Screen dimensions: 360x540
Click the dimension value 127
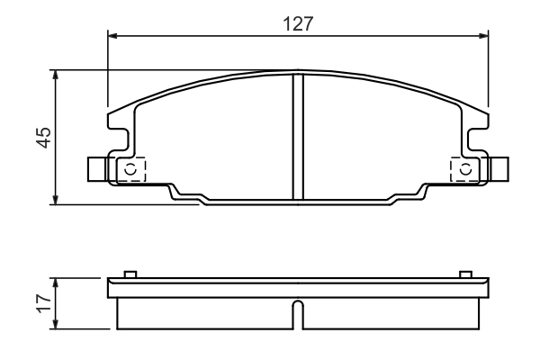tap(297, 23)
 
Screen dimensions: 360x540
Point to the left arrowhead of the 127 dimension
tap(112, 37)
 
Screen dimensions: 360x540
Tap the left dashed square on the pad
tap(130, 169)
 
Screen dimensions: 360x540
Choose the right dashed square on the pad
tap(464, 169)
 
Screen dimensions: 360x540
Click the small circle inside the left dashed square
tap(130, 169)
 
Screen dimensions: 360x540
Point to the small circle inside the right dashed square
tap(464, 169)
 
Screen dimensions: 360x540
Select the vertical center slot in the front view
tap(298, 135)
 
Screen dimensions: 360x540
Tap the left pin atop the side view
tap(130, 274)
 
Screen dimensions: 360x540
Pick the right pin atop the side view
tap(465, 274)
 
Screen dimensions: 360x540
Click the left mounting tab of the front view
tap(97, 169)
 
